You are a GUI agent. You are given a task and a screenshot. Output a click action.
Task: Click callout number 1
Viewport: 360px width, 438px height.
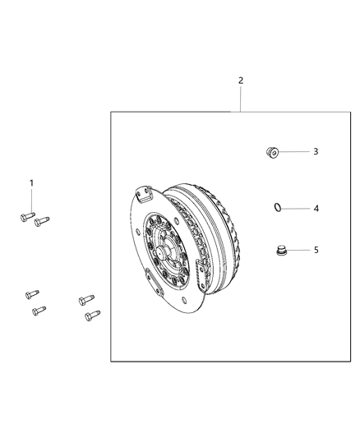click(x=32, y=182)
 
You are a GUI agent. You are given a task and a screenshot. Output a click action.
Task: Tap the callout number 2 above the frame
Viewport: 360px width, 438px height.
click(x=241, y=81)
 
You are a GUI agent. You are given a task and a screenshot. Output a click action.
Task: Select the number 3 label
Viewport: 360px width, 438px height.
click(x=314, y=152)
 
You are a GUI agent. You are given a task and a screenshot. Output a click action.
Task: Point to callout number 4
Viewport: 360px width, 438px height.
click(x=315, y=209)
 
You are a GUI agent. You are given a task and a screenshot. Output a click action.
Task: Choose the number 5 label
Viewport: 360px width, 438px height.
click(x=315, y=250)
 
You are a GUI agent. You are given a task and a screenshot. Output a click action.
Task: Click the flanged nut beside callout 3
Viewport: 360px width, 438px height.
click(x=272, y=151)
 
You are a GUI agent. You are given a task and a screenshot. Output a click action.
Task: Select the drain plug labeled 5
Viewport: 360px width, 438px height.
click(x=279, y=250)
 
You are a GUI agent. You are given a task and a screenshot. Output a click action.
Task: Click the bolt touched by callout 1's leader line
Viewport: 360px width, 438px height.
click(x=24, y=216)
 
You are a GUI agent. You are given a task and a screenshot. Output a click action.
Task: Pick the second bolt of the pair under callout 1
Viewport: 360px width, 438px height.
click(x=41, y=220)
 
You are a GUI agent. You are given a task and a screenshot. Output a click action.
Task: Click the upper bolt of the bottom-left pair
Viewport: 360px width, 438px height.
click(x=31, y=293)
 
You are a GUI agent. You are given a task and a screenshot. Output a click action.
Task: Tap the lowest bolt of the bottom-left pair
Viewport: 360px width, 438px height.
click(x=37, y=310)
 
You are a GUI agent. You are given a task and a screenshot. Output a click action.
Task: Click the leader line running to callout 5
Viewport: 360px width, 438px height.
click(x=298, y=250)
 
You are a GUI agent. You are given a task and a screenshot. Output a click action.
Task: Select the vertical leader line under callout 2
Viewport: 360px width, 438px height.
click(x=241, y=99)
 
